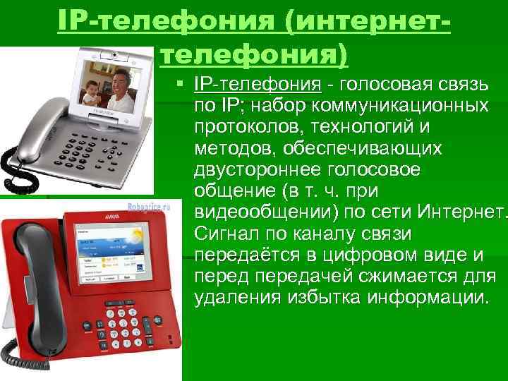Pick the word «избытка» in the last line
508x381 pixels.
pos(324,297)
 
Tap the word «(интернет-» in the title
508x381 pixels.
pos(367,20)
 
